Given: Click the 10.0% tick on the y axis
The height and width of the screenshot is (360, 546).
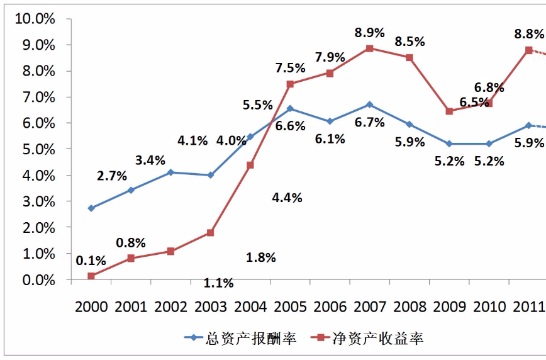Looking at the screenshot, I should click(x=35, y=19).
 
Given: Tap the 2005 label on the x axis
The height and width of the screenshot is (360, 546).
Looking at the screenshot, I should click(x=290, y=307).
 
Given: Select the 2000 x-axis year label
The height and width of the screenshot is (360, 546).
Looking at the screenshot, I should click(x=91, y=307).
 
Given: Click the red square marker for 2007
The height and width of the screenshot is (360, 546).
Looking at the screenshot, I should click(x=370, y=48).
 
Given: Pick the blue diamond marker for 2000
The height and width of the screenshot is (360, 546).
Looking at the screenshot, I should click(x=91, y=208).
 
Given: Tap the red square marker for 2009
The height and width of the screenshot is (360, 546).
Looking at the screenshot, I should click(x=449, y=111).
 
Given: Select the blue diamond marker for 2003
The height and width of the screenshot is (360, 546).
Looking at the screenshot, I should click(x=211, y=175).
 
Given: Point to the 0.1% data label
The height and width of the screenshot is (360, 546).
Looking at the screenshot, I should click(x=91, y=261).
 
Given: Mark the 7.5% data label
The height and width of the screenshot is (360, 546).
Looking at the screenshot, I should click(x=290, y=68).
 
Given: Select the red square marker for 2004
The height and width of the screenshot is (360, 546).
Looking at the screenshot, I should click(x=250, y=165).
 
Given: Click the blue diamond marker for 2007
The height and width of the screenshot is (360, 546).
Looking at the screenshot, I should click(x=370, y=104).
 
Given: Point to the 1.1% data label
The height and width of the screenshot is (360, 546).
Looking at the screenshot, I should click(x=218, y=283).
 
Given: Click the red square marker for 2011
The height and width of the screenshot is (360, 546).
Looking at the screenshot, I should click(x=529, y=50).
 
